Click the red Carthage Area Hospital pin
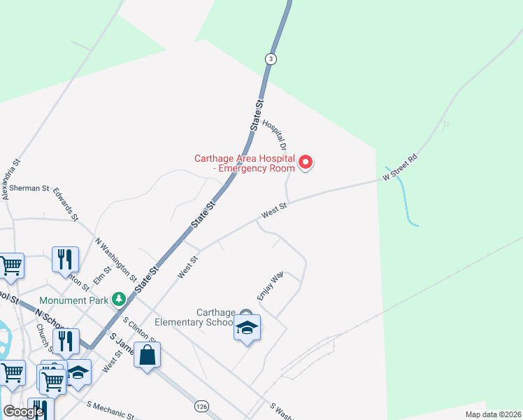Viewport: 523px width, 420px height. (306, 163)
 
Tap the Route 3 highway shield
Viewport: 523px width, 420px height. (270, 59)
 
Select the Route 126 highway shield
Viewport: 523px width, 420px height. (202, 406)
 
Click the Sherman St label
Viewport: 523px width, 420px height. (29, 188)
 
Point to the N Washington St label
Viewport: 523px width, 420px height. (113, 255)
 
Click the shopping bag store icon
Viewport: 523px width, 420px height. (148, 356)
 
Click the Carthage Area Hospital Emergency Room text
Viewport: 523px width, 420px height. (245, 162)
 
